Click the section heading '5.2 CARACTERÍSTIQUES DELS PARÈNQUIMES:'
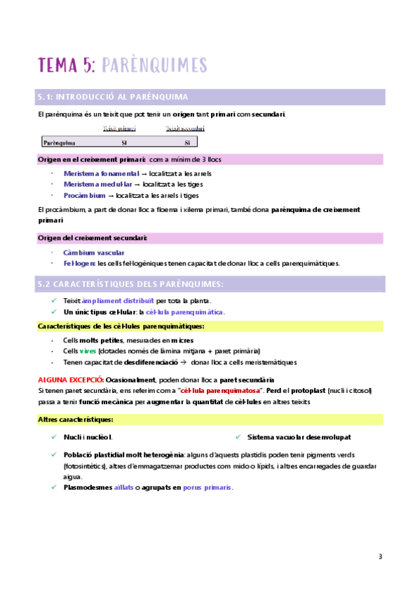point(130,283)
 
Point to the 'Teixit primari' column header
point(120,128)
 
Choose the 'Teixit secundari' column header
point(185,128)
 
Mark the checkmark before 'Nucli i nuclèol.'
point(55,436)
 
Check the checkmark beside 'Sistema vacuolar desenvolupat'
point(239,436)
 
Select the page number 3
point(380,557)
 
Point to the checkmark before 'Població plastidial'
point(55,454)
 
